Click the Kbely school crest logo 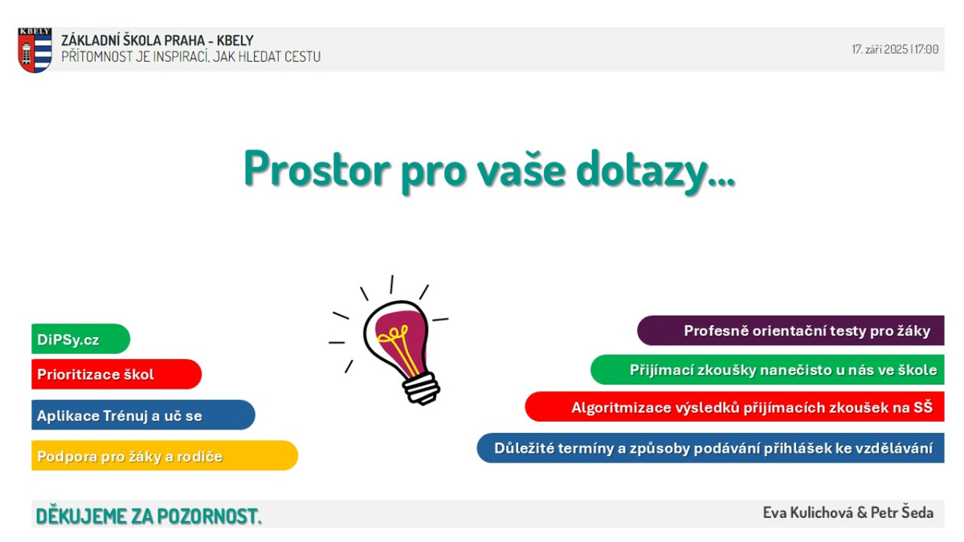point(35,50)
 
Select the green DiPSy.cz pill point(80,339)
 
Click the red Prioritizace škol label point(116,374)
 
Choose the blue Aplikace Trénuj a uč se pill point(143,415)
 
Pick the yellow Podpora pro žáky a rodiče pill point(165,455)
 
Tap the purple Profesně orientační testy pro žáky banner point(790,330)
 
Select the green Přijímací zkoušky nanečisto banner point(767,369)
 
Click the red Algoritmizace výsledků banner point(734,406)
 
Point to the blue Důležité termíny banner point(710,448)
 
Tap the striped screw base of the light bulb point(421,389)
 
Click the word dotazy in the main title point(655,171)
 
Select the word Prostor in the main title point(317,169)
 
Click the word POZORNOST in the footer point(209,516)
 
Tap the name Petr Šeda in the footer point(902,512)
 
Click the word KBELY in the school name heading point(235,40)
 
